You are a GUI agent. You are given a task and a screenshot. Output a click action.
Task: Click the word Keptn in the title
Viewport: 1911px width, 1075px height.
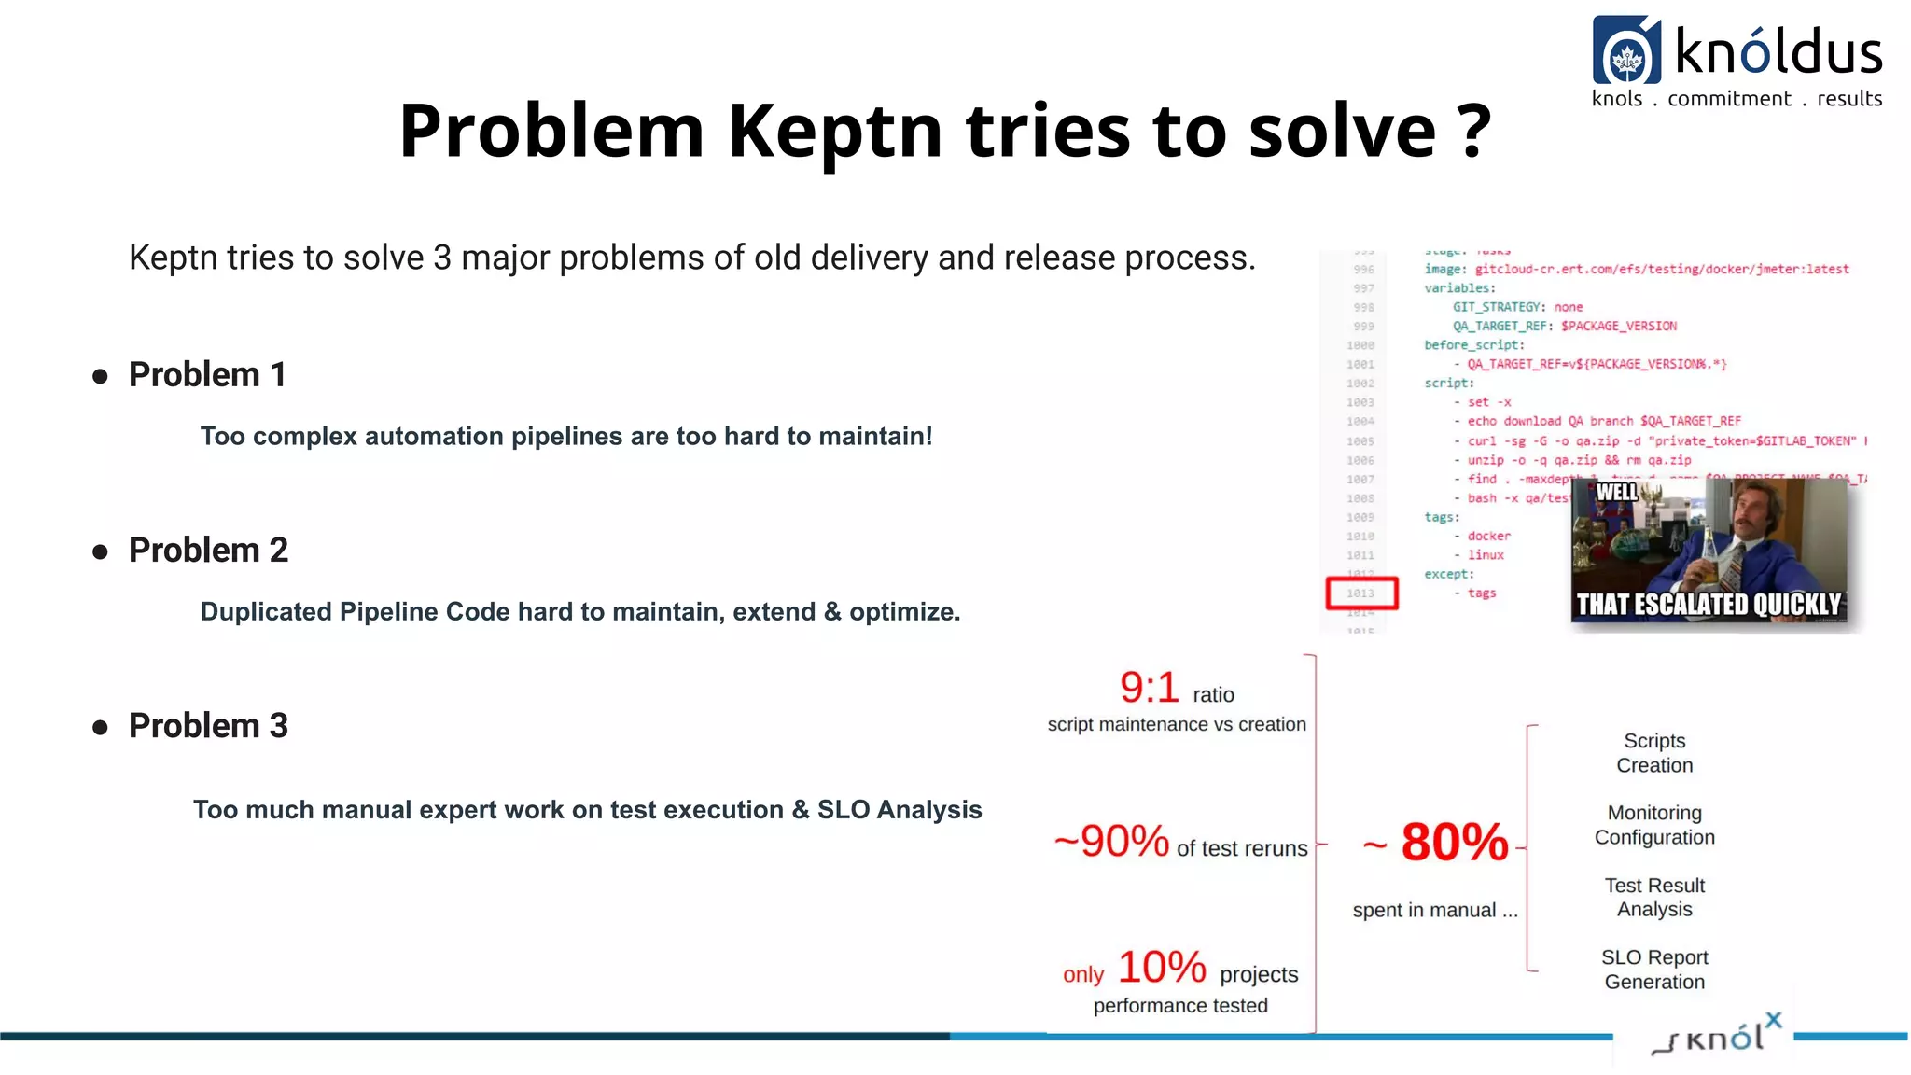[x=834, y=131]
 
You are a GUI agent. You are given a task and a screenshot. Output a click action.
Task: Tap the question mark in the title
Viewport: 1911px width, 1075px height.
[x=1473, y=131]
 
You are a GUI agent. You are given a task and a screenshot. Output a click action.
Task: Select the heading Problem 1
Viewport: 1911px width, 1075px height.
[x=207, y=375]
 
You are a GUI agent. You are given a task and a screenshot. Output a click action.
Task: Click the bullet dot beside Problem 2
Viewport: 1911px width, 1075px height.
[x=101, y=552]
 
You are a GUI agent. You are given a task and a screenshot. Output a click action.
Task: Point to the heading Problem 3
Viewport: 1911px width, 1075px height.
[x=208, y=726]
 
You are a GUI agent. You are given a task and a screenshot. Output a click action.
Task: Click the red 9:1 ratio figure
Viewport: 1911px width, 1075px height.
[x=1150, y=689]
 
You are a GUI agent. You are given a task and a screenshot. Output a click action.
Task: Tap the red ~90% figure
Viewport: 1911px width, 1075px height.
[x=1111, y=841]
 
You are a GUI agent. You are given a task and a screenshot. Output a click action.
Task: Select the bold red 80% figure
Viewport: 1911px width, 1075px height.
[x=1454, y=843]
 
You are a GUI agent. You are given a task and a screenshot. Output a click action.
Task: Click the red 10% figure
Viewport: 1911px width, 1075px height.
[x=1162, y=968]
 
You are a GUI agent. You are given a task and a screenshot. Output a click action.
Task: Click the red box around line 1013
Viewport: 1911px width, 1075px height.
[x=1361, y=593]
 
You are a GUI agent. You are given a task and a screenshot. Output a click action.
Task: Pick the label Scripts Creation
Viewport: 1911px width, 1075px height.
[x=1654, y=753]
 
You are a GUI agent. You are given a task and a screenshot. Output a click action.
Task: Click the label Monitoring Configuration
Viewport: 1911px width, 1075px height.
[x=1654, y=825]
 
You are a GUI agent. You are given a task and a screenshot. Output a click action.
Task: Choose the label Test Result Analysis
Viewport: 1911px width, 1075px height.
[x=1654, y=897]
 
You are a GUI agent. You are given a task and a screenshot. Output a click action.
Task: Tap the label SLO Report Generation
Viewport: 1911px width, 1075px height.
[x=1654, y=970]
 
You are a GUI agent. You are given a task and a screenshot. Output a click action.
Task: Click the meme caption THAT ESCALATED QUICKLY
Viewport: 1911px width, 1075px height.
[x=1709, y=605]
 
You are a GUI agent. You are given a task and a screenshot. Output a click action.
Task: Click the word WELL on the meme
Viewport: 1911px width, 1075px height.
[x=1616, y=492]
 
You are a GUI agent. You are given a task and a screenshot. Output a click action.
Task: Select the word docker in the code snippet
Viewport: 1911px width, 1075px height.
[x=1488, y=537]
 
